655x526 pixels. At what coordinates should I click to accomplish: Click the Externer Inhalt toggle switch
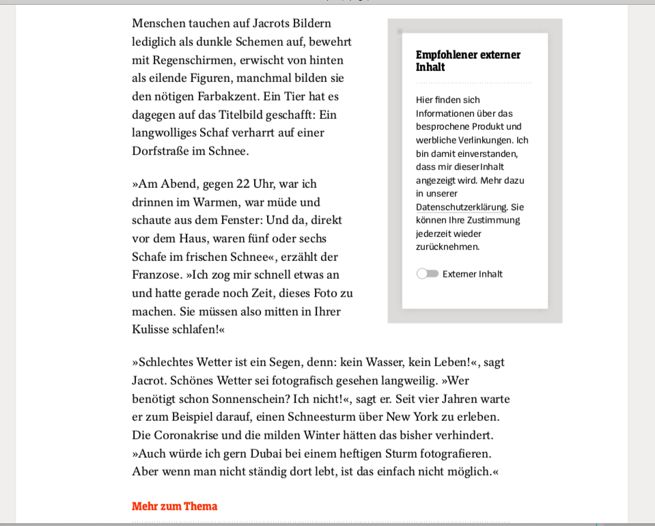point(428,274)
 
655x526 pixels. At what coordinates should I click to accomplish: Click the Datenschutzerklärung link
point(461,207)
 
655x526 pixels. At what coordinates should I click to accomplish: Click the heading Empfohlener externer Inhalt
point(468,61)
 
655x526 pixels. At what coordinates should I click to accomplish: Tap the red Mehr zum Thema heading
point(174,506)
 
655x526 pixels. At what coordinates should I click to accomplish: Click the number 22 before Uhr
point(243,184)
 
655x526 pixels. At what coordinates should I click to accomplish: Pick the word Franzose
point(156,275)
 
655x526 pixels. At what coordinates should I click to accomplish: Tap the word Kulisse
point(151,330)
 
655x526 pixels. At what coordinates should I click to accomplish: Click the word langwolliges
point(164,133)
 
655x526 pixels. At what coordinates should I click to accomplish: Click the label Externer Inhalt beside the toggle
point(472,274)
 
